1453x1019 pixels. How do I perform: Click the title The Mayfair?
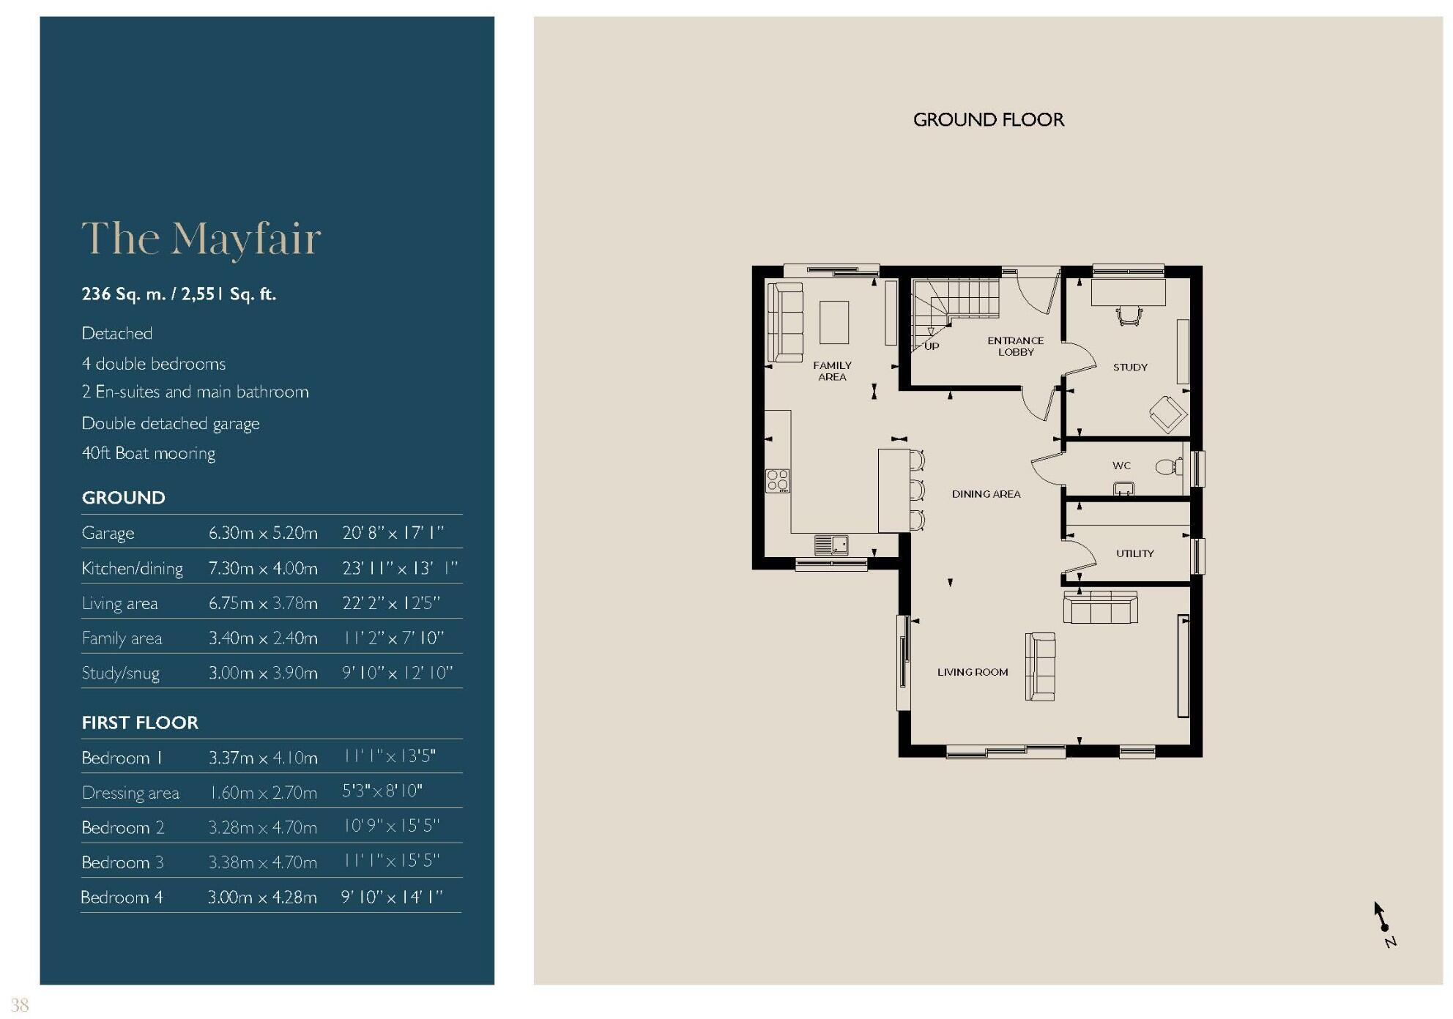(x=201, y=239)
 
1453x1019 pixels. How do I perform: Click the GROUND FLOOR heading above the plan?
(x=988, y=119)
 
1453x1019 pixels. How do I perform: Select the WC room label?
(x=1121, y=466)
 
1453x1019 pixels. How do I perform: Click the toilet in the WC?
(x=1167, y=466)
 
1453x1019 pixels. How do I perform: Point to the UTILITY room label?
(x=1134, y=553)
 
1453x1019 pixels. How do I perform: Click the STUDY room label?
(x=1130, y=367)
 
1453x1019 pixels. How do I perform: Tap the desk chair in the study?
(x=1129, y=316)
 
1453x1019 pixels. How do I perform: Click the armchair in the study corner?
(x=1167, y=414)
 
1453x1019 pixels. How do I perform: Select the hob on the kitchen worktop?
(x=778, y=481)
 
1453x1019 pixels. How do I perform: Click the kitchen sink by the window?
(x=832, y=545)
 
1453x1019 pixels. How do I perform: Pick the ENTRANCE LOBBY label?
(x=1015, y=346)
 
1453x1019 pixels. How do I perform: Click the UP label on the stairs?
(x=932, y=346)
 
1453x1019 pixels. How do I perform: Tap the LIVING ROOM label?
(x=973, y=672)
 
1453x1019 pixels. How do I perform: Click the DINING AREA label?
(x=986, y=494)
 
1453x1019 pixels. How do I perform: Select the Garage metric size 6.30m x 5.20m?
(x=263, y=533)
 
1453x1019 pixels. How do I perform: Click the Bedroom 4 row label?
(x=122, y=897)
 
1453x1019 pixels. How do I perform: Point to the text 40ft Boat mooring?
(x=149, y=453)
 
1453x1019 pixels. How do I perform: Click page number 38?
(x=19, y=1005)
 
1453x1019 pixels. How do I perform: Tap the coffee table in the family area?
(x=833, y=322)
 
